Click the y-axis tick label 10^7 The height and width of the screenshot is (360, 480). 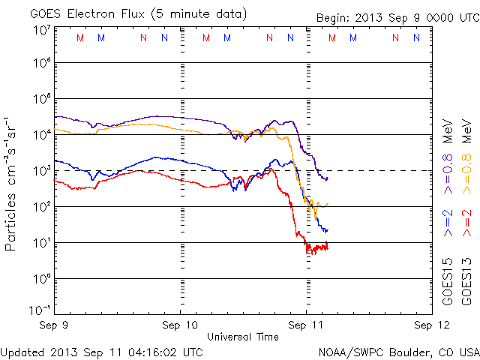40,29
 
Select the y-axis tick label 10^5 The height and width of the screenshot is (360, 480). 40,100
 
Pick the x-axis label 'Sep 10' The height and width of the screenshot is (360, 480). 180,325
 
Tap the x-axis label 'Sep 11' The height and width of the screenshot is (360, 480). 305,325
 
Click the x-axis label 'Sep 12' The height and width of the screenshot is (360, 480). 426,325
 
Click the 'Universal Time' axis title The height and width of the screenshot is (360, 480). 242,337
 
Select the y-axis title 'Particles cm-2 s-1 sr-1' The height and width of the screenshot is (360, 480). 11,184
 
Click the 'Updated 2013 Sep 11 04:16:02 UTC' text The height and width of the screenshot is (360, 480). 101,351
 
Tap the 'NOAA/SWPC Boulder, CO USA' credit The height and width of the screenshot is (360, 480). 397,351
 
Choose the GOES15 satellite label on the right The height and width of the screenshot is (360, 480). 448,282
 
